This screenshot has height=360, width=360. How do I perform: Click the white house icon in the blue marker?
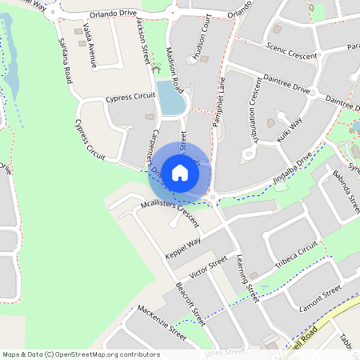coord(180,173)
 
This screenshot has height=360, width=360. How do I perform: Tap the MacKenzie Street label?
coord(162,322)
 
